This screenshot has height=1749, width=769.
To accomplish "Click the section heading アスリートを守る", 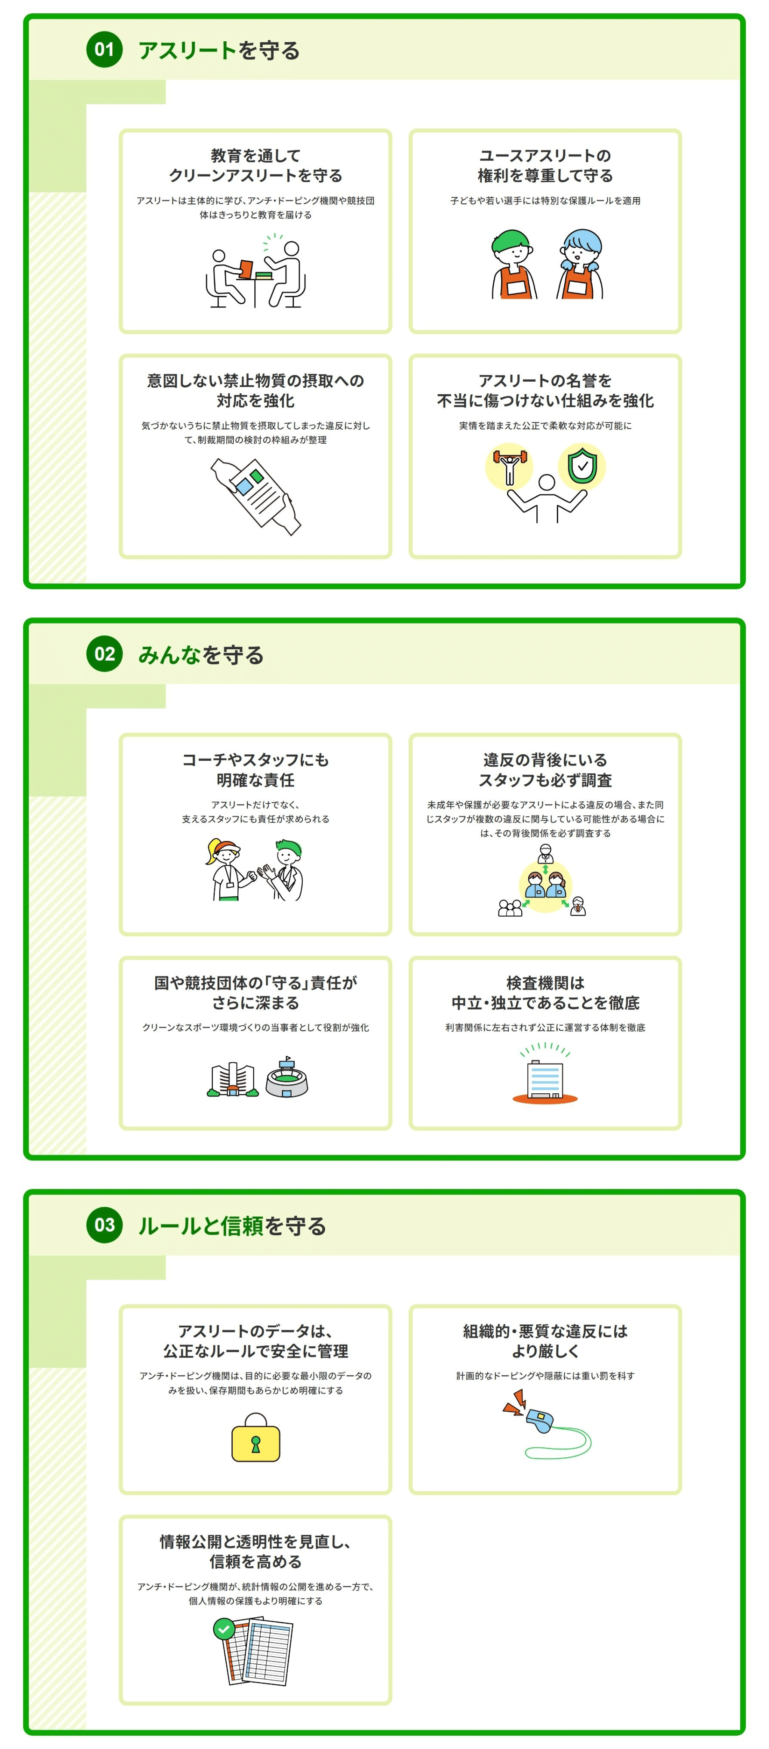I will (x=218, y=50).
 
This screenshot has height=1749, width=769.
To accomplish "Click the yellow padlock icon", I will (x=255, y=1439).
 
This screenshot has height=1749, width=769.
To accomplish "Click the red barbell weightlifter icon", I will (x=508, y=465).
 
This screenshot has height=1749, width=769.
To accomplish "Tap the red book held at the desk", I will (x=246, y=269).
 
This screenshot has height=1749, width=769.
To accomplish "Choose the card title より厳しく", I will (x=545, y=1351).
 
